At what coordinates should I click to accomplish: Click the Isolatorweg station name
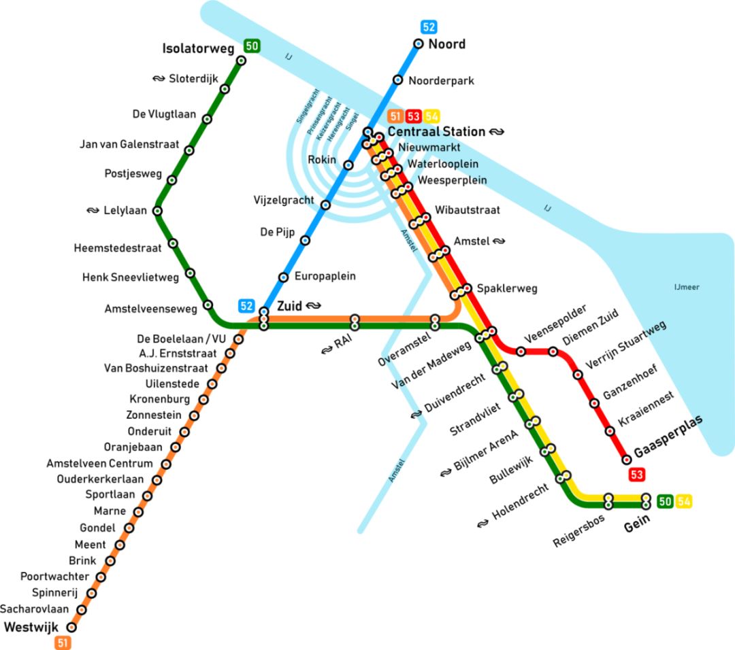198,48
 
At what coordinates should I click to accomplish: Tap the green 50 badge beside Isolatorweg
252,46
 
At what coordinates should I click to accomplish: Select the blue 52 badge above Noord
429,27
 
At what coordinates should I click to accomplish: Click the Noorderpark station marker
398,80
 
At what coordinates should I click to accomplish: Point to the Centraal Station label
436,131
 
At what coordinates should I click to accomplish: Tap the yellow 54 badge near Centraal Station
432,116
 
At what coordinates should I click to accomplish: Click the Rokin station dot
348,165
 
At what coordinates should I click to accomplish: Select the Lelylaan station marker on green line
158,211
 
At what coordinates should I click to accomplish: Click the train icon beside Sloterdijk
159,79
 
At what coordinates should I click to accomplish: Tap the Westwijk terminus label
31,626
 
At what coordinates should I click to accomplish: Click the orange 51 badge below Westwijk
63,643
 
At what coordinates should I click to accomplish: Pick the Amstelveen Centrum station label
99,464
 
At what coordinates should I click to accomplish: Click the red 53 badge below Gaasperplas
638,475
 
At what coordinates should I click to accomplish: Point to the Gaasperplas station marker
627,460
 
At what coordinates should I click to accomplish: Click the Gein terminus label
638,519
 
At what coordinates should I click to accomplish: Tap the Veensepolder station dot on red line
521,352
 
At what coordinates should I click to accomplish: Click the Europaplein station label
325,277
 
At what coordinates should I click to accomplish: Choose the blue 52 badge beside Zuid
246,306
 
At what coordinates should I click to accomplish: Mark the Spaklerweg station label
507,288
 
